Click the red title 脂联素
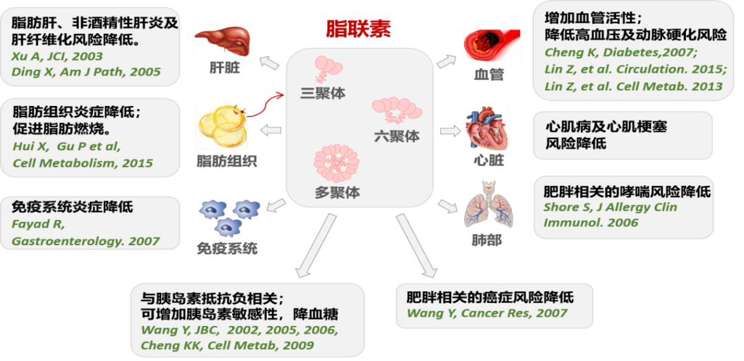click(358, 30)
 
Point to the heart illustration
click(486, 128)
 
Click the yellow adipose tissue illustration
click(222, 127)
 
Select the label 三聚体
click(323, 93)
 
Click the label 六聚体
click(397, 137)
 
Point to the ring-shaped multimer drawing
click(336, 164)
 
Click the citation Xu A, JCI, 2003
click(57, 56)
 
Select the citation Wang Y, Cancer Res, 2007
click(487, 313)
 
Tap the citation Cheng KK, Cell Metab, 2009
click(227, 345)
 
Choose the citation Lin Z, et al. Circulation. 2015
click(636, 70)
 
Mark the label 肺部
click(487, 240)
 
